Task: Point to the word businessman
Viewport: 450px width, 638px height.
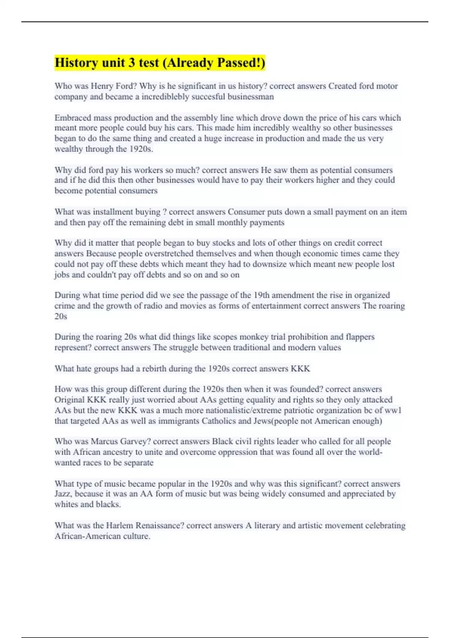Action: [x=252, y=97]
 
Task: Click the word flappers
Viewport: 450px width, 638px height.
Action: [x=360, y=337]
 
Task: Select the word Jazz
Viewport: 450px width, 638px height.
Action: [x=62, y=494]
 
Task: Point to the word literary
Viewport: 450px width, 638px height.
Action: [x=267, y=525]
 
